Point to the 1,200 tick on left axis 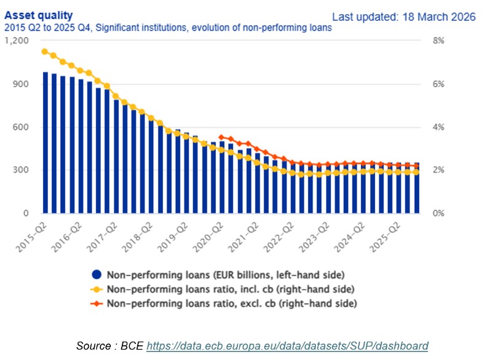[x=17, y=41]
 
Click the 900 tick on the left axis [x=21, y=84]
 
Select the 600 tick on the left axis [x=21, y=127]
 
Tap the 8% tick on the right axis [x=438, y=41]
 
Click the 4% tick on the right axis [x=438, y=127]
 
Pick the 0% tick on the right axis [x=438, y=214]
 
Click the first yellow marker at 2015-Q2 [x=45, y=52]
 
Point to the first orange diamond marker [x=221, y=137]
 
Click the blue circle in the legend [x=96, y=275]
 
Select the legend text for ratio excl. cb [x=232, y=303]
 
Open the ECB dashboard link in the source [x=287, y=346]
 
